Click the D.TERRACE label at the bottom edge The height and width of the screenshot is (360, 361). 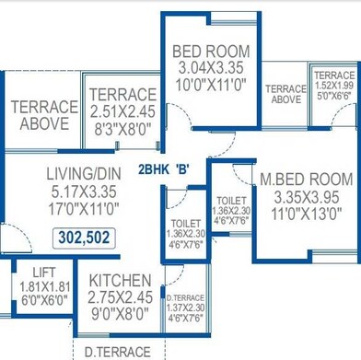pyautogui.click(x=117, y=352)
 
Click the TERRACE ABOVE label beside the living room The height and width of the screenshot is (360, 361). pyautogui.click(x=43, y=115)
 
